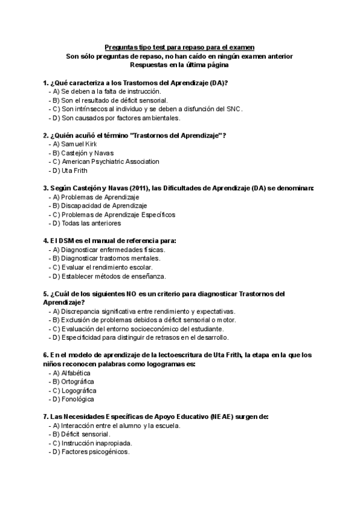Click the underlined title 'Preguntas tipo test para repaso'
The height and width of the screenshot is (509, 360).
pos(179,47)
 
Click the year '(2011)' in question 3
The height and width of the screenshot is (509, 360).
pos(133,188)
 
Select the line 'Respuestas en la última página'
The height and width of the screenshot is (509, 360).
pos(179,65)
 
